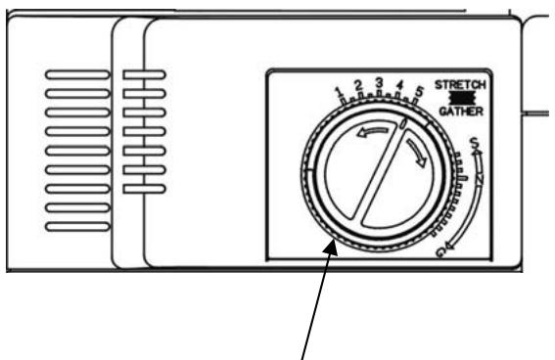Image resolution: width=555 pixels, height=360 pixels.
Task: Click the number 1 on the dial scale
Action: point(339,94)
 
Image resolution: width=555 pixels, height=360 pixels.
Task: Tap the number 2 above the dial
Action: point(358,86)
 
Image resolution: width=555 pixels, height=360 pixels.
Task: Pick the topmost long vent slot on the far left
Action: point(78,74)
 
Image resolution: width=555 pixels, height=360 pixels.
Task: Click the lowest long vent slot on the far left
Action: point(78,227)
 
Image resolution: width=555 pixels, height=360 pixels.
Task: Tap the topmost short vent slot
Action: point(145,74)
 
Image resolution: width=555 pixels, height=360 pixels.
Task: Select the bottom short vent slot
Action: point(145,187)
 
